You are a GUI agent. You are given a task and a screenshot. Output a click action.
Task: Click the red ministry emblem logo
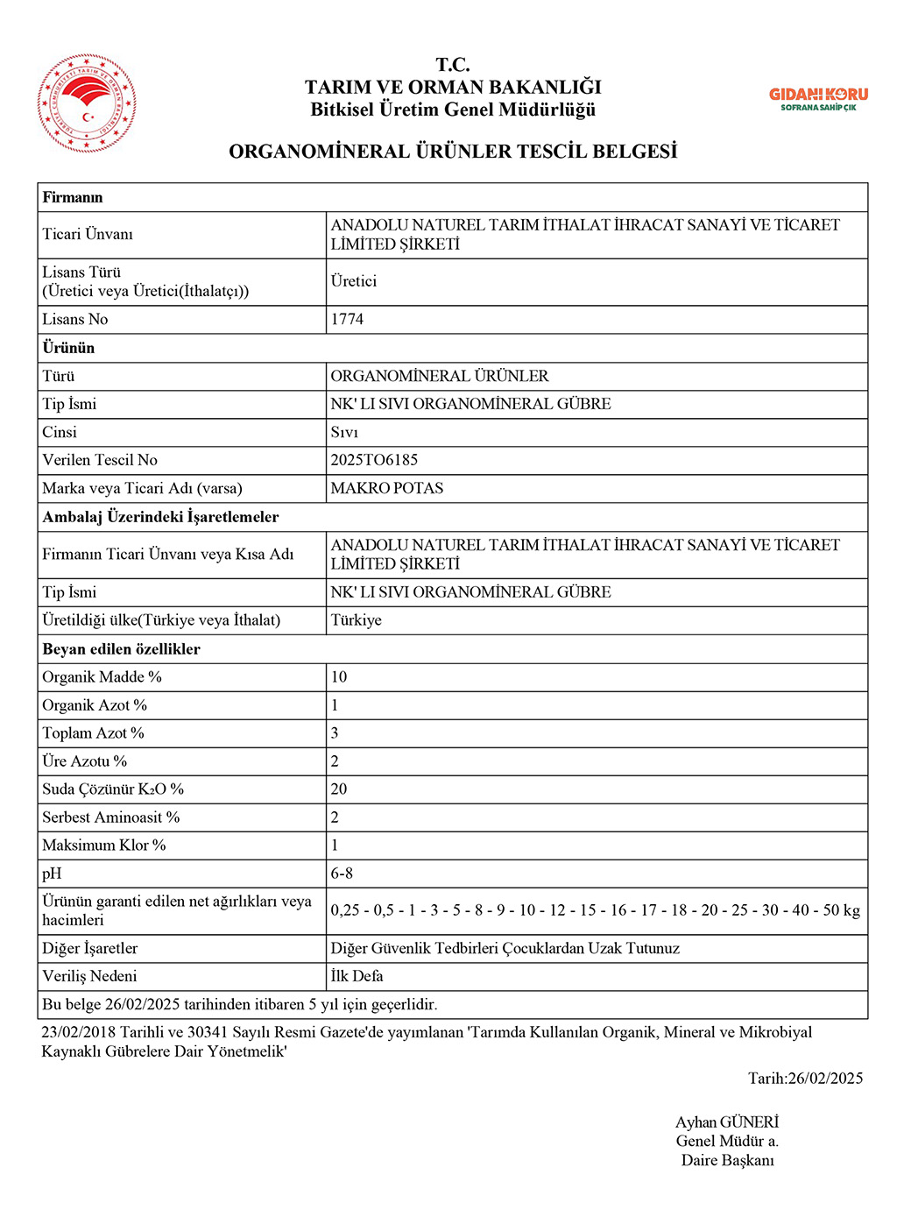pos(87,103)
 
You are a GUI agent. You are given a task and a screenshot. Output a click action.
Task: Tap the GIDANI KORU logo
pos(818,98)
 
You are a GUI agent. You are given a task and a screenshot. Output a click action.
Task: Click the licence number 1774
pos(347,320)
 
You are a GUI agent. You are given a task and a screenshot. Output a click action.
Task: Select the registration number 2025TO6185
pos(374,460)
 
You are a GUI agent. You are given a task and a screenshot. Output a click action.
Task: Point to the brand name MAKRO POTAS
pos(387,488)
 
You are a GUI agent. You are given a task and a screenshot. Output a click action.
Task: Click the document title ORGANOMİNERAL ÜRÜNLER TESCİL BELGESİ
pos(453,152)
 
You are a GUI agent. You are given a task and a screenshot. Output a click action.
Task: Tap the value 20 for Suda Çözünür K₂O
pos(339,789)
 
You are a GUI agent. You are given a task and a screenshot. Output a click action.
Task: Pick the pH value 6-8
pos(342,874)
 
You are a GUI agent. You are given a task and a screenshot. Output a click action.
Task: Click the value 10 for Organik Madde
pos(339,677)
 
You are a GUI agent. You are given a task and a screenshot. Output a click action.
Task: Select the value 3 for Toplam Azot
pos(335,733)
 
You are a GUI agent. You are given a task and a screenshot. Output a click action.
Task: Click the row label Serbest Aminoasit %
pos(111,817)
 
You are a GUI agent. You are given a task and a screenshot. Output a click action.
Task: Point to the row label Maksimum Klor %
pos(104,845)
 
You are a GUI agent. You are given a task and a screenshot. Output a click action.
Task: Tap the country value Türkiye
pos(357,620)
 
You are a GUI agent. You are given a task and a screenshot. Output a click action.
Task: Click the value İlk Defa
pos(357,976)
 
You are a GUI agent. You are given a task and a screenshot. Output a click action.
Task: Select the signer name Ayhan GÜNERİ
pos(727,1122)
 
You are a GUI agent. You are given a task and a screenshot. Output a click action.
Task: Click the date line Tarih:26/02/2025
pos(805,1079)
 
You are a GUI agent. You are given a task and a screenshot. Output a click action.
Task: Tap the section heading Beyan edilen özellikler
pos(122,649)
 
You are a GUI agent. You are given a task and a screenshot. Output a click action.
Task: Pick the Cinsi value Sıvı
pos(344,432)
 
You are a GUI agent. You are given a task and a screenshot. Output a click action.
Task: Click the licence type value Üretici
pos(354,281)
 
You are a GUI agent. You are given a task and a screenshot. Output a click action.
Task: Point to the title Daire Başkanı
pos(728,1161)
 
